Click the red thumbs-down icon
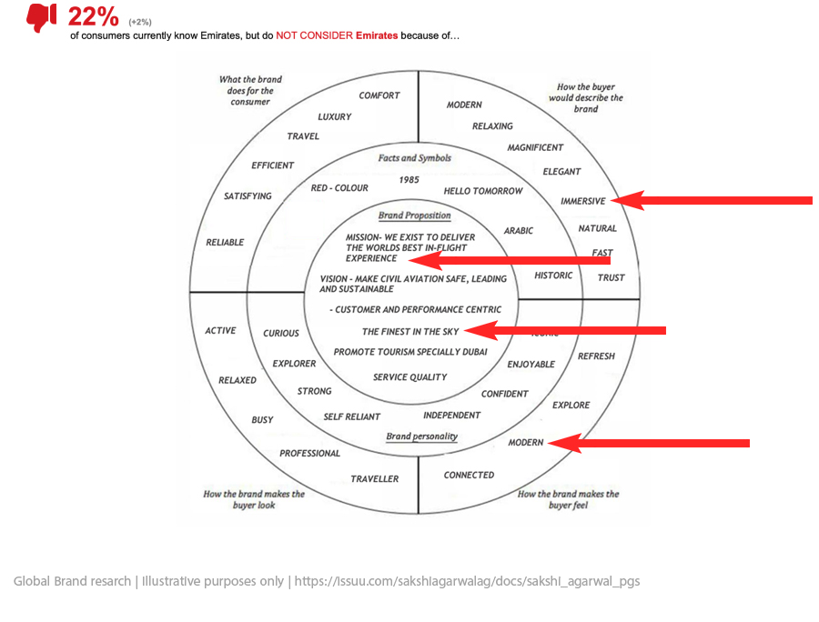(41, 17)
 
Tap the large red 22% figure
(93, 16)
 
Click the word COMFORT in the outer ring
(379, 95)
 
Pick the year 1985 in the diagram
(409, 180)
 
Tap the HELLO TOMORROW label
(483, 191)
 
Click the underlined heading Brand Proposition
(414, 216)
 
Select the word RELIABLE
(225, 242)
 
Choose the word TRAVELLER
(375, 478)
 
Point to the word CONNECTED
(469, 475)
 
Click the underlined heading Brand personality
(421, 436)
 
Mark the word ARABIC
(519, 231)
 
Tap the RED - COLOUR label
(339, 188)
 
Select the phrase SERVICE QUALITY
(409, 376)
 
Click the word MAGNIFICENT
(535, 147)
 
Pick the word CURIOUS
(281, 334)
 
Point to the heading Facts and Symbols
(414, 158)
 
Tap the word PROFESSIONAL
(309, 453)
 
